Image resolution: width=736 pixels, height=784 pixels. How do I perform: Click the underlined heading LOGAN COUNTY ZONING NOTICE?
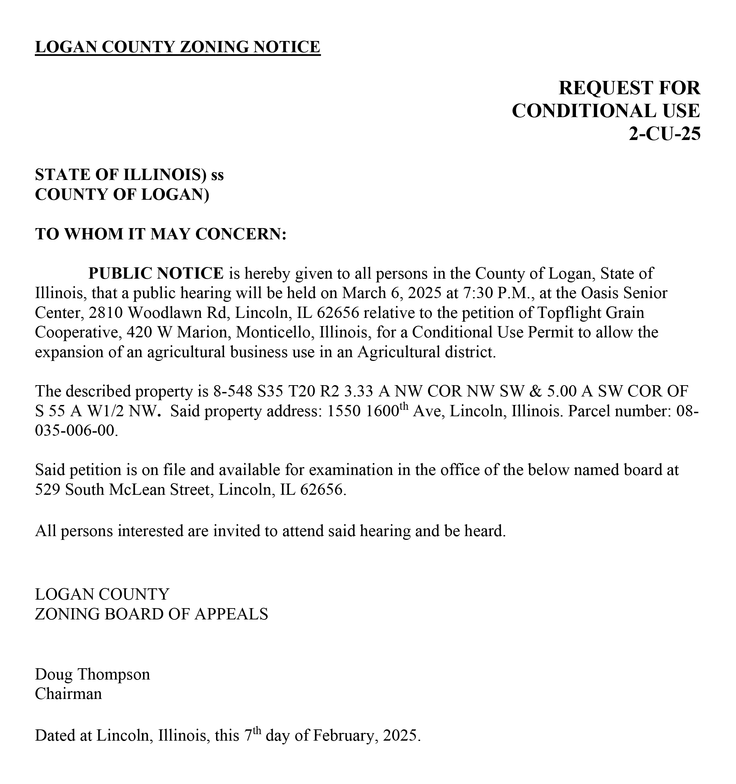point(178,47)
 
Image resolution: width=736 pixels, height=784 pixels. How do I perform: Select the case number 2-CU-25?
point(664,134)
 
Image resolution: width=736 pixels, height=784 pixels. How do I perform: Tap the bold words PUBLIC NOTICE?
point(156,273)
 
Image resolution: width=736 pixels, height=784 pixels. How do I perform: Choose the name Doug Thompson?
point(92,674)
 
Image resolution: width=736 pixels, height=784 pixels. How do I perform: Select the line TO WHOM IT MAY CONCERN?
point(160,234)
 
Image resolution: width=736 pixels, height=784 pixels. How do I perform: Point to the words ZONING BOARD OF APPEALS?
point(151,614)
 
